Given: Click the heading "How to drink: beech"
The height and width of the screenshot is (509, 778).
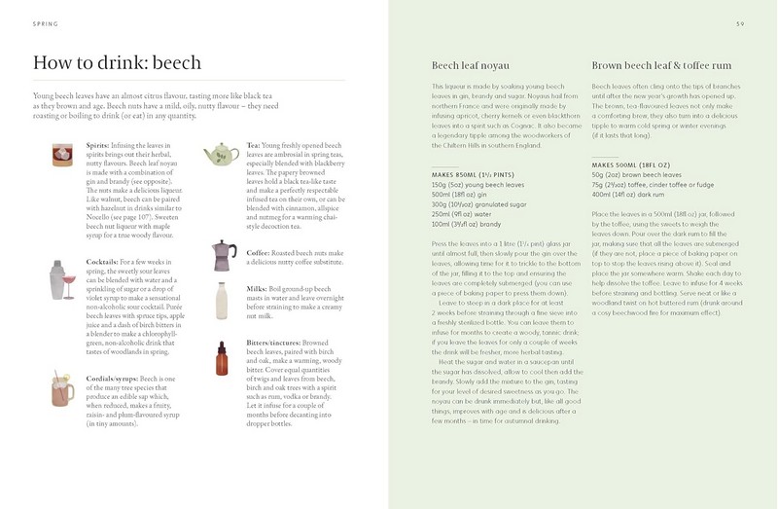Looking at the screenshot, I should click(117, 64).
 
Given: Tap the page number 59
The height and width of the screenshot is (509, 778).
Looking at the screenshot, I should click(739, 23).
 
